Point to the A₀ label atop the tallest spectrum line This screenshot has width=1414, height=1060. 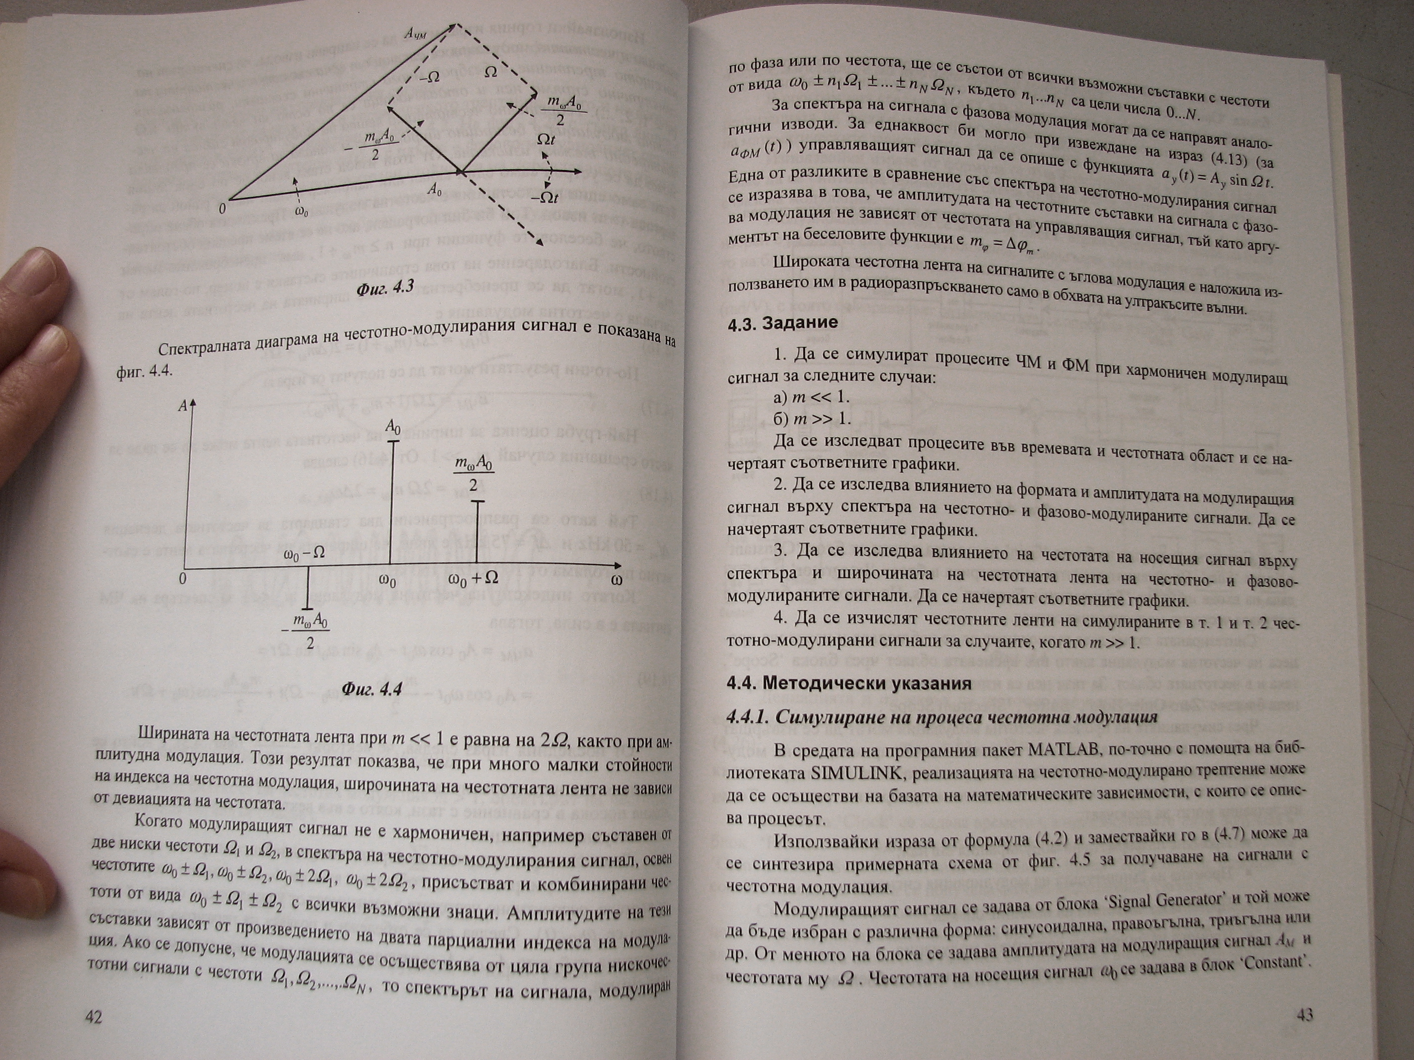pos(394,426)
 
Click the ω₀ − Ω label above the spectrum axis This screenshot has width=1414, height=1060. pos(304,555)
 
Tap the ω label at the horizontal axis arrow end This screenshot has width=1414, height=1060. pos(617,580)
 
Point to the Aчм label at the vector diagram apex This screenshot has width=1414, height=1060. pos(417,32)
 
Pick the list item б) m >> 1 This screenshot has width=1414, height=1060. pos(812,419)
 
